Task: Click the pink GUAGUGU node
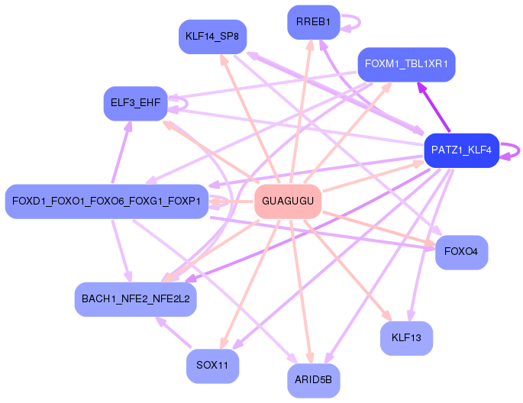[x=288, y=201]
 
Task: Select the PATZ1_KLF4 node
[x=462, y=150]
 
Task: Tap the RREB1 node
[x=314, y=22]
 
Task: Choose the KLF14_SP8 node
[x=212, y=37]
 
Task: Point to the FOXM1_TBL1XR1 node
[x=406, y=64]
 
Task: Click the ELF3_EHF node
[x=135, y=103]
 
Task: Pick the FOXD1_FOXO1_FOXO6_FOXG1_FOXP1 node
[x=107, y=201]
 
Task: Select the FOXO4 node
[x=462, y=253]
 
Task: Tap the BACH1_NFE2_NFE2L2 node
[x=135, y=299]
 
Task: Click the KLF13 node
[x=406, y=338]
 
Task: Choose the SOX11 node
[x=212, y=366]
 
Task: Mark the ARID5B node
[x=314, y=381]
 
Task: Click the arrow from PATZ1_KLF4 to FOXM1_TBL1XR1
[x=434, y=107]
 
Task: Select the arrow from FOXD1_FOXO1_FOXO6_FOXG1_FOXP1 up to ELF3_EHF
[x=121, y=152]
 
